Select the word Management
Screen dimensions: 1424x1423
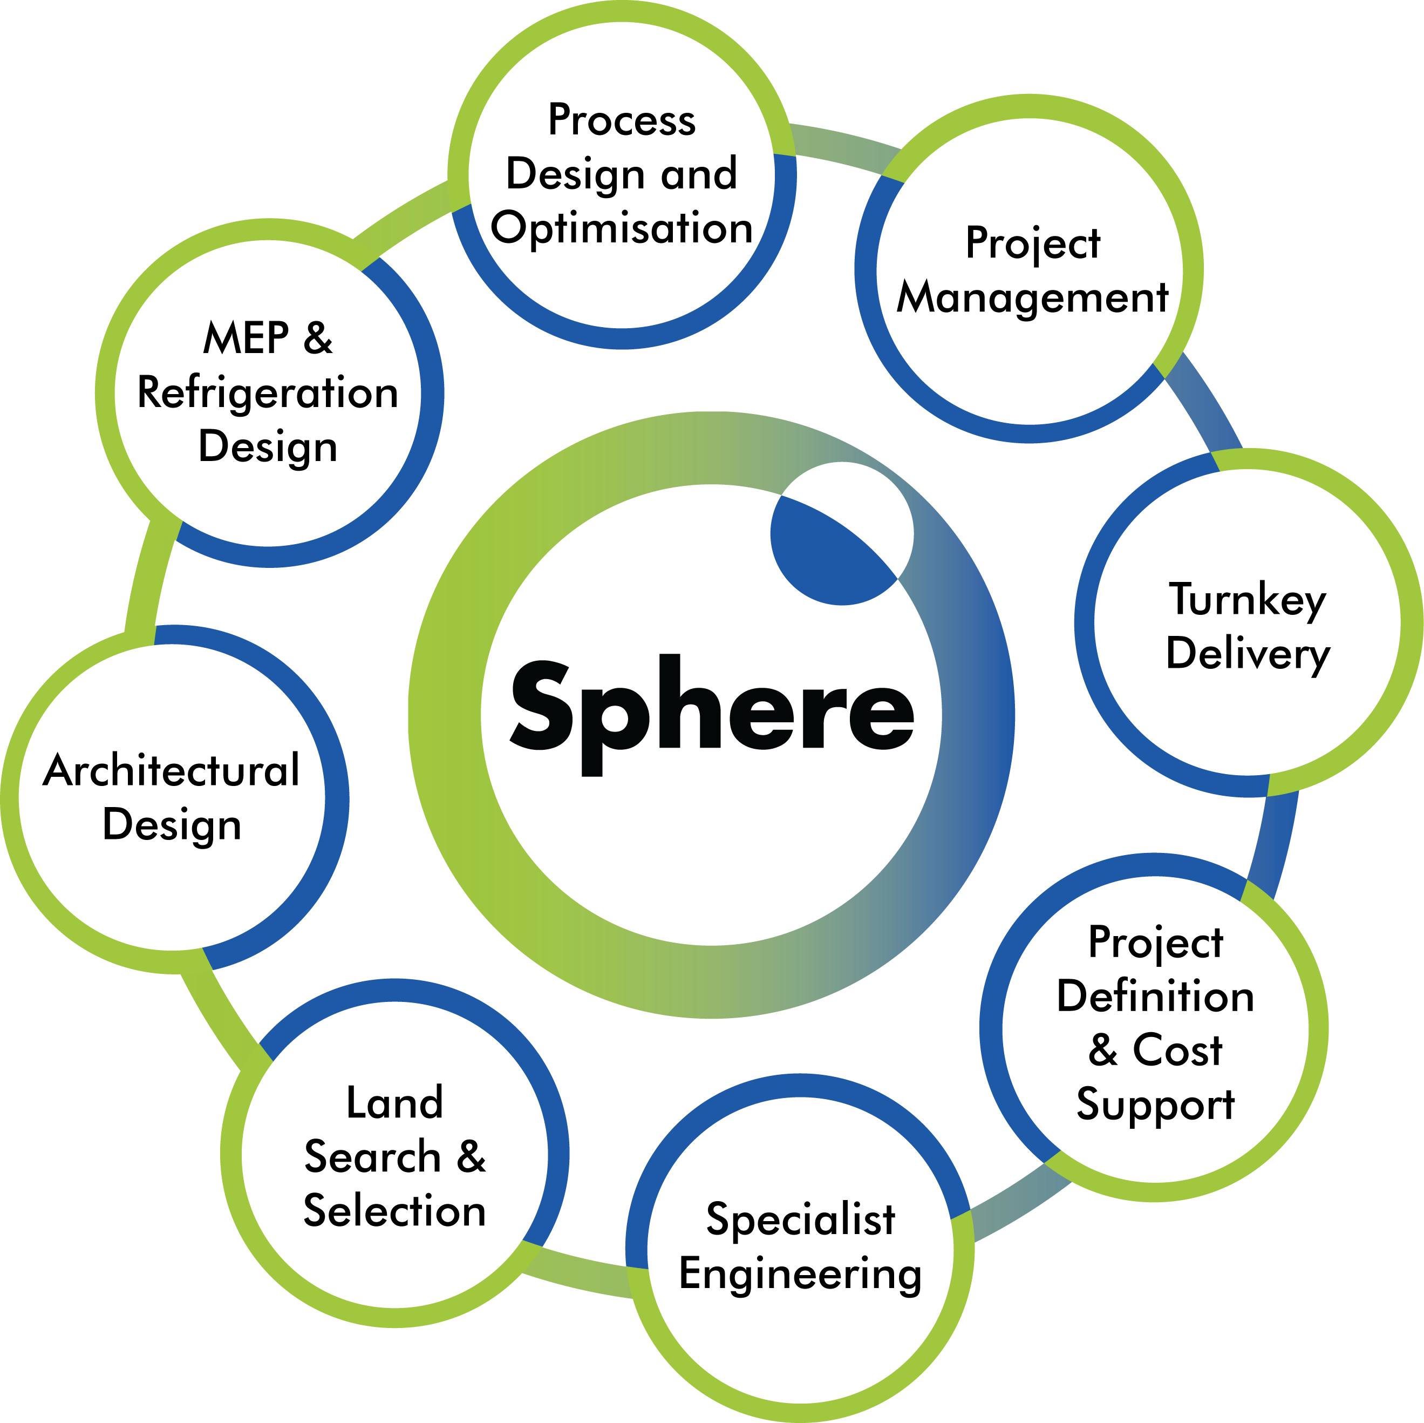(1032, 299)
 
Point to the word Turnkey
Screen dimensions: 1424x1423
(1247, 600)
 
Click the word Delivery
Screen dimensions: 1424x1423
(1247, 654)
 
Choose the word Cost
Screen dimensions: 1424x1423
(1177, 1050)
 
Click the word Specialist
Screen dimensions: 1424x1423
(800, 1219)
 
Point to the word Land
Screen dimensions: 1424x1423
(395, 1103)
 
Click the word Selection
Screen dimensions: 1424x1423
(395, 1211)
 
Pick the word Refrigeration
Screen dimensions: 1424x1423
(268, 393)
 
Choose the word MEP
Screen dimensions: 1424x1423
(246, 338)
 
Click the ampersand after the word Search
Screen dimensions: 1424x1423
(471, 1157)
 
